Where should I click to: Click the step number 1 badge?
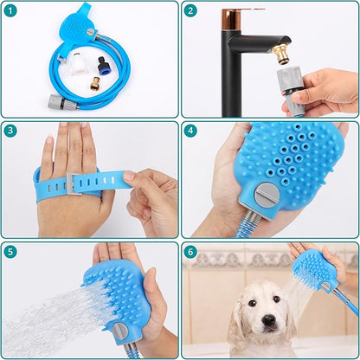10,11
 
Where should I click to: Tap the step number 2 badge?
190,11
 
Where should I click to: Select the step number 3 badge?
10,131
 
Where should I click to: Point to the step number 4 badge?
190,131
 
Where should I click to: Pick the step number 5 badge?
10,252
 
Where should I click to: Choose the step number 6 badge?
190,252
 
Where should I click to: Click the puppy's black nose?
269,319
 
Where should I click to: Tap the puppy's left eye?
253,303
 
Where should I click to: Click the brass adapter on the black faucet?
282,55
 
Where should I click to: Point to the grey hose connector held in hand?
289,88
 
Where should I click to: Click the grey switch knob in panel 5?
119,331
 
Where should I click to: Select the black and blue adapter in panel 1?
103,64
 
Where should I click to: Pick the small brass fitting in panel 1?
94,83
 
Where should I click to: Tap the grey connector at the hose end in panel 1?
62,101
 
